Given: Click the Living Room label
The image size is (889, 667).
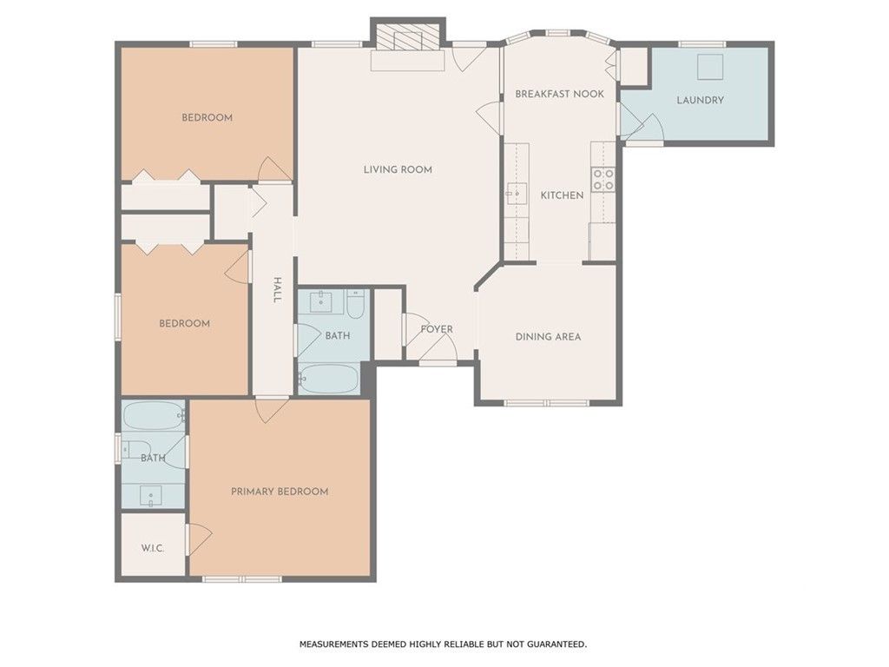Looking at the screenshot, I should coord(398,169).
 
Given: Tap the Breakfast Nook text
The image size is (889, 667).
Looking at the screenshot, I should coord(559,94).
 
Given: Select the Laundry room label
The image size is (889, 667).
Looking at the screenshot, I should coord(700,100).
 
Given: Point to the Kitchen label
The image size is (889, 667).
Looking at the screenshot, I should coord(563,195).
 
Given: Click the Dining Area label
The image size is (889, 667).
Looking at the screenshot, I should coord(548,337).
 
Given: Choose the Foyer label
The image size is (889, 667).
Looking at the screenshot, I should coord(437,329).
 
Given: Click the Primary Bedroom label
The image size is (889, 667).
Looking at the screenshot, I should coord(280,492).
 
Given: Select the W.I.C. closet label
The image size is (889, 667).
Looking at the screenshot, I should coord(153,549).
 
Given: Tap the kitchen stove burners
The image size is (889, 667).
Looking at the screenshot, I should coord(603,179).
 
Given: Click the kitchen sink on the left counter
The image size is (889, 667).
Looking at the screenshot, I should coord(517,193).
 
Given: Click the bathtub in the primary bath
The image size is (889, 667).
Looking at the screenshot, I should coord(154,416).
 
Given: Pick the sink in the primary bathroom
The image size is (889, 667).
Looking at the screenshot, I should coord(152,497).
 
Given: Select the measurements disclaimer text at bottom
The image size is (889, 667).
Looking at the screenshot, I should coord(444,644).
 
